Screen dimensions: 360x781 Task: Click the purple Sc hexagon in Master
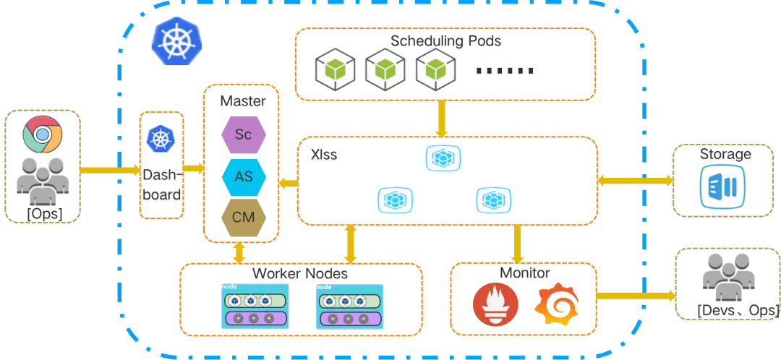pyautogui.click(x=243, y=134)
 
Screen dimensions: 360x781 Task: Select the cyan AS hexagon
pyautogui.click(x=243, y=176)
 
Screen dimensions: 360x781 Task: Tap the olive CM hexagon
pyautogui.click(x=243, y=218)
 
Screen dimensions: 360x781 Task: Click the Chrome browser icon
pyautogui.click(x=42, y=134)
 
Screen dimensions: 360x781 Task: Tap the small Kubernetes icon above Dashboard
pyautogui.click(x=160, y=139)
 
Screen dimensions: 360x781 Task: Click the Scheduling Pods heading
pyautogui.click(x=445, y=41)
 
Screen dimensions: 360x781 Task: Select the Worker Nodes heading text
pyautogui.click(x=300, y=275)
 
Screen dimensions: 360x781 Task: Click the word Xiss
pyautogui.click(x=324, y=155)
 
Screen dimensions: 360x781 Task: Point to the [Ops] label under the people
pyautogui.click(x=44, y=213)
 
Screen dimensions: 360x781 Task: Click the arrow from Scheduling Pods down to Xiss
pyautogui.click(x=442, y=119)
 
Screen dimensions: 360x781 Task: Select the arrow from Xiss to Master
pyautogui.click(x=289, y=184)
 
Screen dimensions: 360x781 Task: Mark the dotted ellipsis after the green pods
pyautogui.click(x=506, y=71)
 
